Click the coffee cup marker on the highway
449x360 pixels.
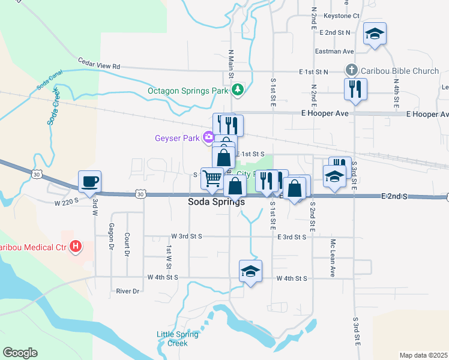click(x=89, y=181)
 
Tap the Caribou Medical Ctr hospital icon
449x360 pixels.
click(x=76, y=246)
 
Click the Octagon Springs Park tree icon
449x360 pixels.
click(x=238, y=91)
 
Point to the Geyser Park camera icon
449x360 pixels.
click(x=209, y=137)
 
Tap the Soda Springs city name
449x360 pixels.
click(x=217, y=202)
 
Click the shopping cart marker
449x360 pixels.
click(x=212, y=178)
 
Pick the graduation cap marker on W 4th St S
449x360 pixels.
click(x=250, y=271)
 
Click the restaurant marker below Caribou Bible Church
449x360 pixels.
click(x=355, y=89)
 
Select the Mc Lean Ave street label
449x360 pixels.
click(x=332, y=258)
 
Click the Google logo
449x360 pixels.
click(x=20, y=353)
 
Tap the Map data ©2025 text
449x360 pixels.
click(x=423, y=355)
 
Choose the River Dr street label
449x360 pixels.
click(x=128, y=291)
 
